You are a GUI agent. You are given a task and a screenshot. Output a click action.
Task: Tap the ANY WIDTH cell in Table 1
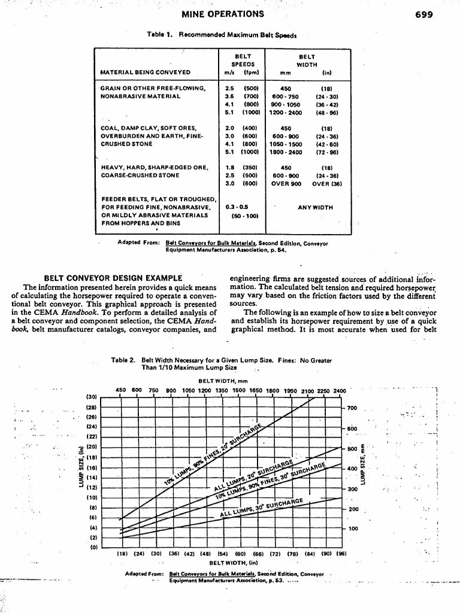pos(316,208)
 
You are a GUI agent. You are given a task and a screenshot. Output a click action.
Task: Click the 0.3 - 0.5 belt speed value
pos(236,207)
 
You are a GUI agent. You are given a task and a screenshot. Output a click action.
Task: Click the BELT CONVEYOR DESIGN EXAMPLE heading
pos(113,278)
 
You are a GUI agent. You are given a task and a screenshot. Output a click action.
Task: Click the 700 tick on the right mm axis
pos(352,408)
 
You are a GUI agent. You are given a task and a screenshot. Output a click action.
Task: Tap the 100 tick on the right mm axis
pos(352,529)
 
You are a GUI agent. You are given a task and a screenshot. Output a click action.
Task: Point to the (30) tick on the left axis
pos(92,396)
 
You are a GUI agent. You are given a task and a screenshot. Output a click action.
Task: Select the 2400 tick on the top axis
pos(340,390)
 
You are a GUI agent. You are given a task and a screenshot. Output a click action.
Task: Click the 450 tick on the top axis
pos(120,390)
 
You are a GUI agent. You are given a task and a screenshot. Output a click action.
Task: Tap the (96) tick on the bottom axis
pos(341,554)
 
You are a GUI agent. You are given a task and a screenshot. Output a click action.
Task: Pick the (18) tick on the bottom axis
pos(122,554)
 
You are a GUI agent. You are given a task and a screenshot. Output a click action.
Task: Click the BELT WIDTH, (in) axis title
pos(230,563)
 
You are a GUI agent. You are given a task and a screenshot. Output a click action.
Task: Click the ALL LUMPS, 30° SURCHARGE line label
pos(264,508)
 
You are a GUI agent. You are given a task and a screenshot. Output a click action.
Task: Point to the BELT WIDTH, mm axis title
pos(222,381)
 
